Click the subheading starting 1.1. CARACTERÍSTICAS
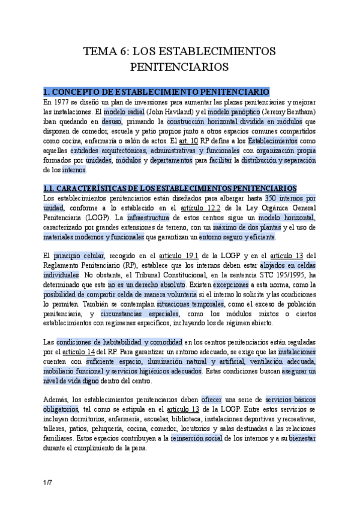tap(170, 188)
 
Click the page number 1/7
tap(47, 483)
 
